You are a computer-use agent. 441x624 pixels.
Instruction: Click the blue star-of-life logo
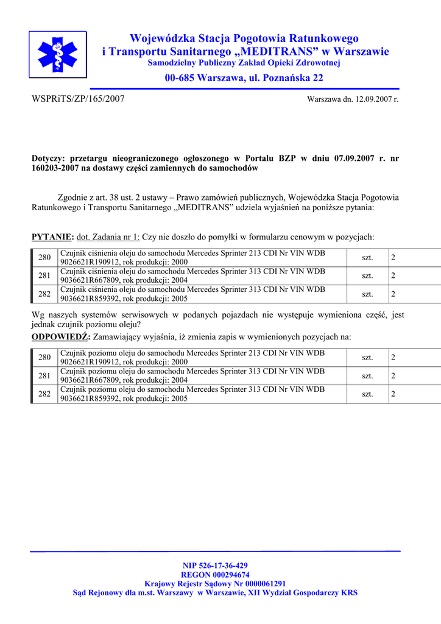(58, 54)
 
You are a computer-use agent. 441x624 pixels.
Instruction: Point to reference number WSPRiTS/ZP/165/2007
(77, 99)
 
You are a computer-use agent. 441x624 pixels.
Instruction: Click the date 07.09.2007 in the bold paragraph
(353, 158)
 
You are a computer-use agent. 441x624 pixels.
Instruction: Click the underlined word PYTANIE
(52, 237)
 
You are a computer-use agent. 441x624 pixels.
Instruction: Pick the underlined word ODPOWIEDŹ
(60, 337)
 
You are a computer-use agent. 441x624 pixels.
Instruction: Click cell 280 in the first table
(44, 258)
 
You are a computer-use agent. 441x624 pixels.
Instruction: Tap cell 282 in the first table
(44, 294)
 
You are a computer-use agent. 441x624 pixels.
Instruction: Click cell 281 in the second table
(44, 376)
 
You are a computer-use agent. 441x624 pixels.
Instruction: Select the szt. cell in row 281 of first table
(367, 276)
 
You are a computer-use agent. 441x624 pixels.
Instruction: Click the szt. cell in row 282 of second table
(367, 394)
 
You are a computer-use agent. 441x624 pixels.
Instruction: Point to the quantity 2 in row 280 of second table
(393, 358)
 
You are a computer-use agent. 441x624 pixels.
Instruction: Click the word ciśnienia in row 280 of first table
(104, 253)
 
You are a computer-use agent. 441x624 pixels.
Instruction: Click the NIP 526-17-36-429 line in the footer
(215, 565)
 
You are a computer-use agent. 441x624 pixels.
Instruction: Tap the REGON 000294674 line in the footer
(215, 575)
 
